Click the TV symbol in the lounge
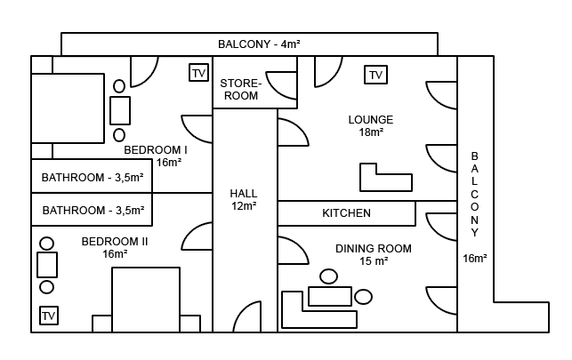click(x=375, y=75)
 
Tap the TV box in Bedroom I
click(x=199, y=73)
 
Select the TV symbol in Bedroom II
click(x=48, y=316)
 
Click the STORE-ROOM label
click(x=240, y=89)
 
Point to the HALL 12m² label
click(x=243, y=199)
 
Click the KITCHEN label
click(x=346, y=213)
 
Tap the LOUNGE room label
click(x=370, y=120)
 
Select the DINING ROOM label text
click(x=374, y=249)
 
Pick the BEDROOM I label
click(x=156, y=150)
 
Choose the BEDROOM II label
click(x=115, y=241)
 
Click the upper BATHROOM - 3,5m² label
click(x=93, y=177)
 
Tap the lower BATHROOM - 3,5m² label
click(x=93, y=211)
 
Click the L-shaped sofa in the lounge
click(x=385, y=180)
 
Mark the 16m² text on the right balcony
click(x=474, y=259)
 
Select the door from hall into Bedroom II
click(x=197, y=238)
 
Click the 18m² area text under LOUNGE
click(x=371, y=132)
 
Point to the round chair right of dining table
click(x=362, y=296)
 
